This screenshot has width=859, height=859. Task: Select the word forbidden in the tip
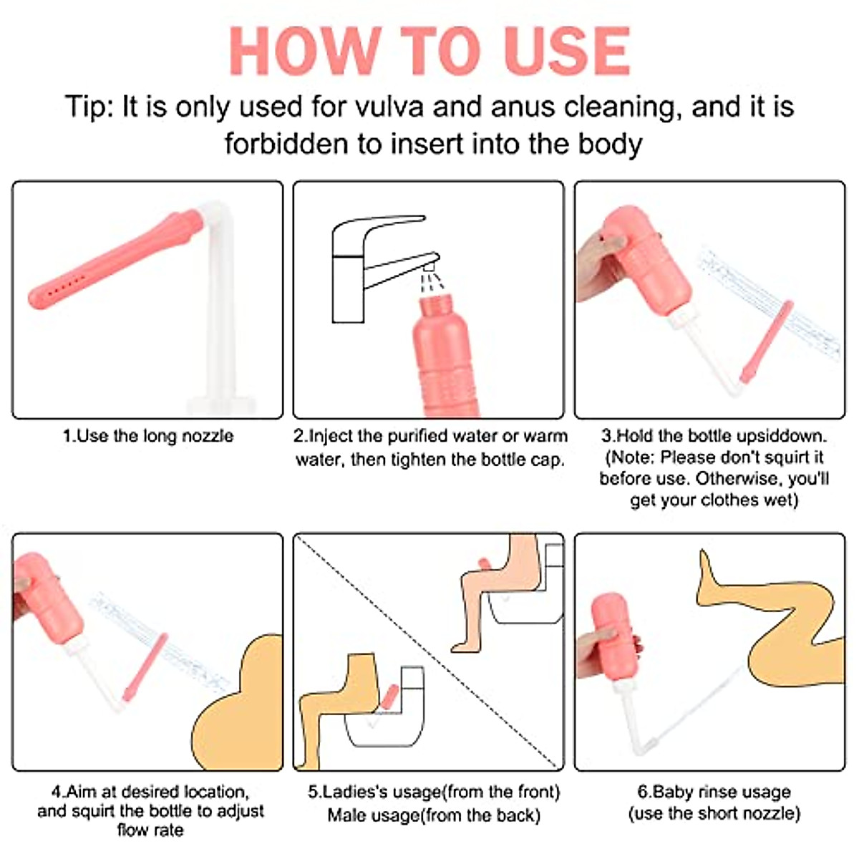286,144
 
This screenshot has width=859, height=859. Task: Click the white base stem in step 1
220,312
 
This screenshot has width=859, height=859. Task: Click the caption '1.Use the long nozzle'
148,435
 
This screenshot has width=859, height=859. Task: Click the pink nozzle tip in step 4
145,667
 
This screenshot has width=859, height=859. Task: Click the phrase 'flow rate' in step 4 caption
150,830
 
